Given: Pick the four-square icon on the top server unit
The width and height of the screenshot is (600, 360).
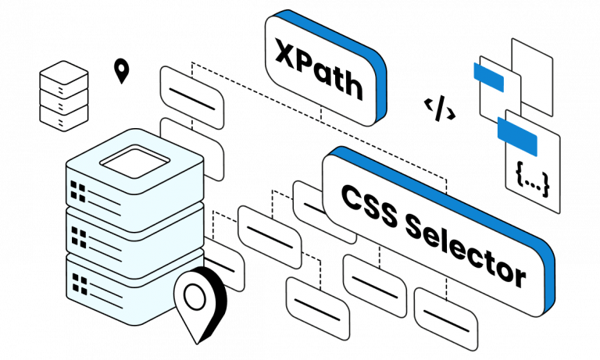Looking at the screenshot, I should click(79, 190).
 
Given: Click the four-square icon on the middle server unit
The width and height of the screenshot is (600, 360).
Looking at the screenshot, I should click(79, 231).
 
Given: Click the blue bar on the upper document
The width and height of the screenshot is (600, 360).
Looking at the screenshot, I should click(491, 77).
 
